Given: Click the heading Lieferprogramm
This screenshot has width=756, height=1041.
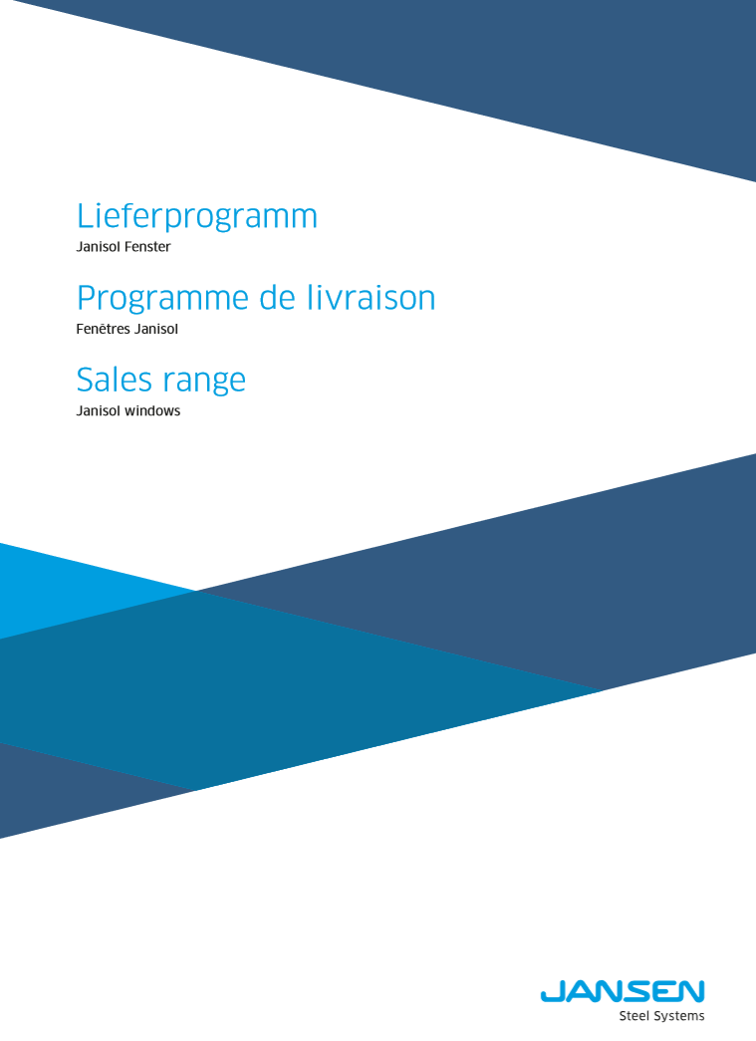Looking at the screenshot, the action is click(197, 217).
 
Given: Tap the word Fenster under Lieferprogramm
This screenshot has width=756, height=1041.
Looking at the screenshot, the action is click(147, 247).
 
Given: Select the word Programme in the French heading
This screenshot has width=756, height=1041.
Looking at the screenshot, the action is click(162, 299).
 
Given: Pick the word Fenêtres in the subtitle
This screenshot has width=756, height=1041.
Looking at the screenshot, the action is click(104, 329).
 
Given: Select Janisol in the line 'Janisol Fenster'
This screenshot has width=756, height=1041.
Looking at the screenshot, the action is click(99, 247).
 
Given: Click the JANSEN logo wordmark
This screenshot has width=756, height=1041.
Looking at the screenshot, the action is click(623, 992).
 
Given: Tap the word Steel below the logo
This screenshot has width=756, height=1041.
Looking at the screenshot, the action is click(634, 1016).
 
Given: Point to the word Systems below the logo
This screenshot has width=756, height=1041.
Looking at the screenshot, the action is click(679, 1016).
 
